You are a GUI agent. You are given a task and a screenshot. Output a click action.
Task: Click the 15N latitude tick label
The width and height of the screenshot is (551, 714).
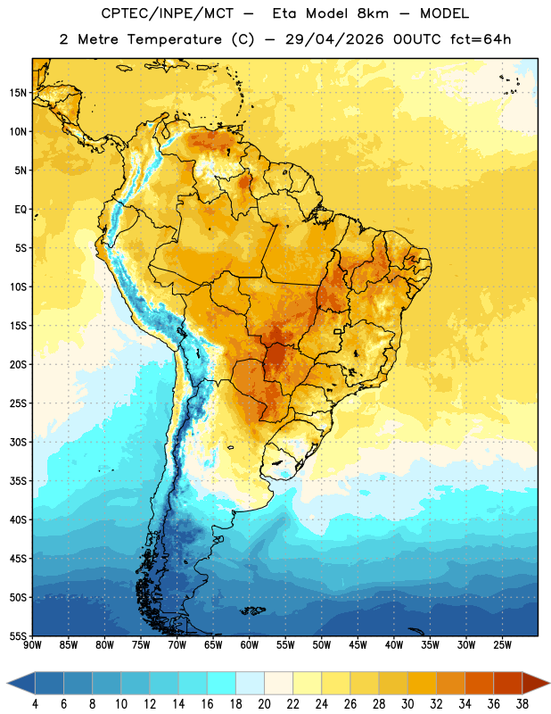click(18, 93)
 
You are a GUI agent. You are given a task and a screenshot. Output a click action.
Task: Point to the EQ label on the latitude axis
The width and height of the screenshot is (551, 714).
click(21, 210)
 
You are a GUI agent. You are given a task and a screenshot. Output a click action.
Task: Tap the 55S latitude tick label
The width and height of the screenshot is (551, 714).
click(18, 635)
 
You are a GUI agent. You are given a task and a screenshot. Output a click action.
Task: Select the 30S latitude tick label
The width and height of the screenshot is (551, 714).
click(18, 442)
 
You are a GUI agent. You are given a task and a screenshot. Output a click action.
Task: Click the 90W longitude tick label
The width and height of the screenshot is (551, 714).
click(32, 645)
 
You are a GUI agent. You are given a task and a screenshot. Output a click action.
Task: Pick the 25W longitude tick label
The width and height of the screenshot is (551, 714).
click(502, 645)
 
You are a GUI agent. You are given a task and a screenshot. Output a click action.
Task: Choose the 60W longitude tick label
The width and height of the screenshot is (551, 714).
click(250, 645)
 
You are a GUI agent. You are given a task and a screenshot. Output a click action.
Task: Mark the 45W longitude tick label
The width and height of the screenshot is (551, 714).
click(358, 645)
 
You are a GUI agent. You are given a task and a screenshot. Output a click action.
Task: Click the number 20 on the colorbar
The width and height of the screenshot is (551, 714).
click(264, 704)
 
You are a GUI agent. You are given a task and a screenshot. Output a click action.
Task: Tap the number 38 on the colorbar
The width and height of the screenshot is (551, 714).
click(522, 704)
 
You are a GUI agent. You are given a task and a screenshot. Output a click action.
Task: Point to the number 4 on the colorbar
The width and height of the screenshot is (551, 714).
click(35, 704)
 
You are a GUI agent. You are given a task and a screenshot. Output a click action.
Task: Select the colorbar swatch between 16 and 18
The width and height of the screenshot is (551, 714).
click(222, 683)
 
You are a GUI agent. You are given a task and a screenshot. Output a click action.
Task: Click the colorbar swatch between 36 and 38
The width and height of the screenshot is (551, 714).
click(508, 683)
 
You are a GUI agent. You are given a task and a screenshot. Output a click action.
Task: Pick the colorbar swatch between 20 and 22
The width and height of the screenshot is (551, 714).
click(279, 683)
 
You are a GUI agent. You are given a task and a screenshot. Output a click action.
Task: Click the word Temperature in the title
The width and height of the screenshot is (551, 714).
click(174, 39)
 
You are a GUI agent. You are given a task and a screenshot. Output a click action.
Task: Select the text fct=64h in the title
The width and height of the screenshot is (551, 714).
click(481, 39)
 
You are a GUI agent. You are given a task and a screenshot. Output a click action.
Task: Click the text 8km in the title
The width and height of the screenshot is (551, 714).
click(373, 13)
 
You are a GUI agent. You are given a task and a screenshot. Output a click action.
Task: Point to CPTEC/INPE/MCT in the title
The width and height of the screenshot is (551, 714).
click(168, 13)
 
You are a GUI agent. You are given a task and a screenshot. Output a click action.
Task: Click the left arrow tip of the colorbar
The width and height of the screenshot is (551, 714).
click(7, 683)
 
